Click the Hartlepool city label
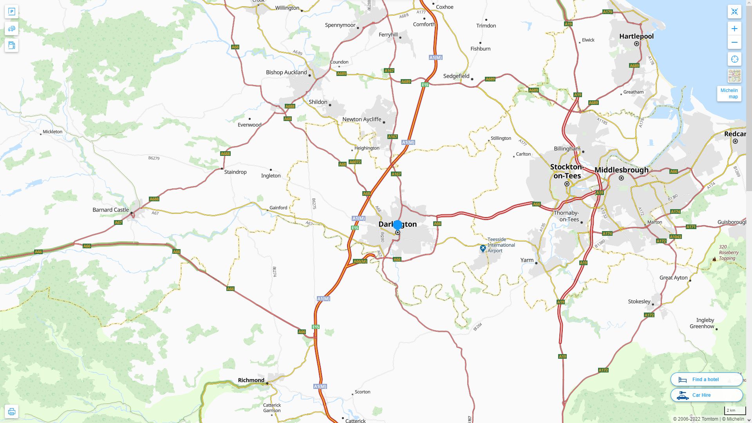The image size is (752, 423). point(636,36)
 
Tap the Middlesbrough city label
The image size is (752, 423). point(621,170)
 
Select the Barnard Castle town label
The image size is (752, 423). point(110,210)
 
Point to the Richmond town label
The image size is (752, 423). point(251,380)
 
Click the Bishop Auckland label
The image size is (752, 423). point(286,72)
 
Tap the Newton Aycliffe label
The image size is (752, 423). point(362,119)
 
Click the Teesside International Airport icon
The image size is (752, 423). point(483,248)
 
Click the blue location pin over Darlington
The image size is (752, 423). point(398,225)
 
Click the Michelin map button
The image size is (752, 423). point(729,94)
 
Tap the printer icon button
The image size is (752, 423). point(11,412)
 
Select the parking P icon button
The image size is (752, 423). point(11,11)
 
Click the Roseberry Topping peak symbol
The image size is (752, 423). point(714,259)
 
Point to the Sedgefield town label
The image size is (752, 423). point(456,76)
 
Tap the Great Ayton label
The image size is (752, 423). point(673,278)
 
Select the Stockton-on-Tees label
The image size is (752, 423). point(567,171)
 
